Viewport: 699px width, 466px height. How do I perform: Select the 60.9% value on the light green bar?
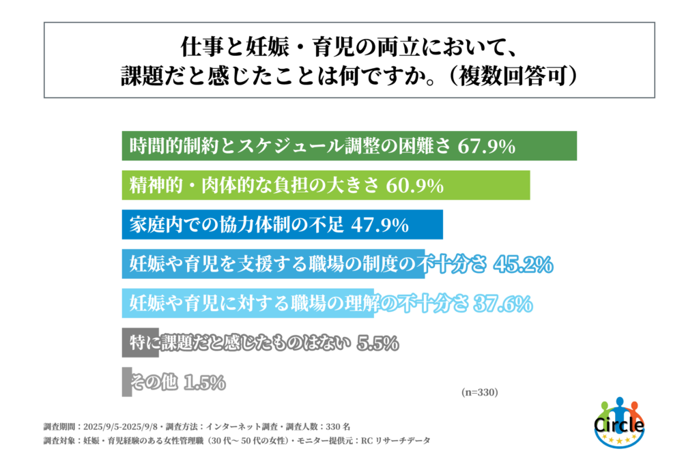[x=416, y=185]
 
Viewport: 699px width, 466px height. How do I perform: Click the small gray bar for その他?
[x=126, y=382]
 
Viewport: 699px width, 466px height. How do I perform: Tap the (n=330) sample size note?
[x=480, y=392]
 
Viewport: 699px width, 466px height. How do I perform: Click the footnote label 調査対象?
[x=59, y=441]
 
